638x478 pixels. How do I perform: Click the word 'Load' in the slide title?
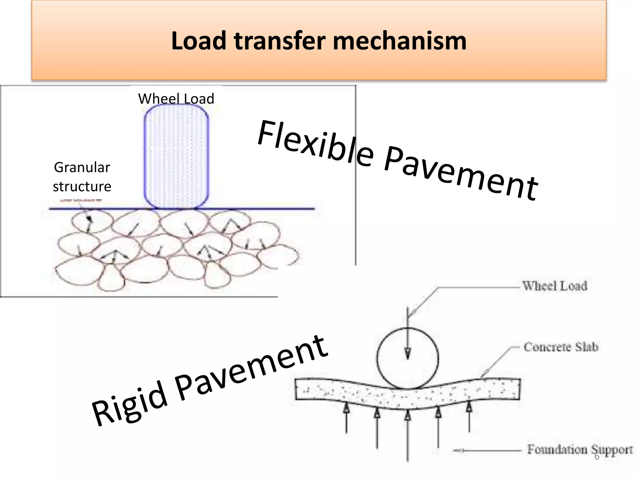pos(198,41)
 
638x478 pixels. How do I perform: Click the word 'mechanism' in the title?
pos(399,41)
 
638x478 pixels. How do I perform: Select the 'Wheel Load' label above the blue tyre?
pos(176,99)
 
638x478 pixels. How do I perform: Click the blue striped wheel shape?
pos(176,156)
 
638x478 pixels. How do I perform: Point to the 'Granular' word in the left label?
pos(82,167)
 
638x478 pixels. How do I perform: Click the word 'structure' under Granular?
pos(82,187)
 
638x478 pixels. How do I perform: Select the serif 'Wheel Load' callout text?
pos(555,286)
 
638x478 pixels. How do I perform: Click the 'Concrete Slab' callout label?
pos(561,347)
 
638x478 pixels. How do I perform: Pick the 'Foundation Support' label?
pos(579,449)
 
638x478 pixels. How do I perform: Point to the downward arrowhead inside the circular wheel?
pos(407,353)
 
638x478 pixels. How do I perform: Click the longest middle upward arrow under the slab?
pos(407,436)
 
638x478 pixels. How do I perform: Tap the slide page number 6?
pos(597,457)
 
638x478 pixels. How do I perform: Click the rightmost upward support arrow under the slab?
pos(469,417)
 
